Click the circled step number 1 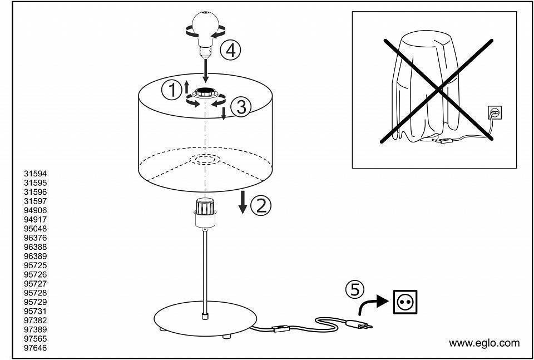click(x=172, y=90)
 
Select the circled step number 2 click(x=261, y=205)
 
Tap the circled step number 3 click(x=241, y=107)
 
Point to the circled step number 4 click(x=230, y=50)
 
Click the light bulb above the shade click(x=205, y=34)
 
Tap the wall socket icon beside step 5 click(x=405, y=302)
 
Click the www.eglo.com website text click(x=484, y=343)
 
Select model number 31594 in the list click(x=36, y=174)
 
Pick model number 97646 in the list click(x=36, y=348)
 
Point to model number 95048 click(x=36, y=229)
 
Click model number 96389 click(x=36, y=257)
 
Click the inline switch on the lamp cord click(x=280, y=329)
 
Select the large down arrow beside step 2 click(x=243, y=203)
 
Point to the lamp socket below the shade click(x=205, y=213)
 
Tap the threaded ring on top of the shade click(x=205, y=92)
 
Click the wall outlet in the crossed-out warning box click(x=495, y=112)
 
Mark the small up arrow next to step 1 click(x=186, y=87)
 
